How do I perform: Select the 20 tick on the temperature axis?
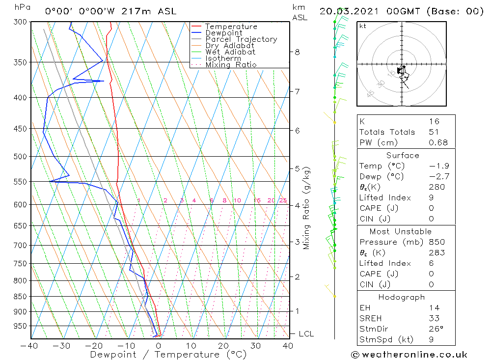223,346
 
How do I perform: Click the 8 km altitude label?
297,52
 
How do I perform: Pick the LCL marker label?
306,334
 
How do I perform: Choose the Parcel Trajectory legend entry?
241,39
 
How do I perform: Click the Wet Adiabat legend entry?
230,52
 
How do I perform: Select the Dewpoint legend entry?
223,33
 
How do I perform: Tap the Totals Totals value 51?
434,132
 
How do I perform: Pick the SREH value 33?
434,318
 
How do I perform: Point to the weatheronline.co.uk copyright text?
409,355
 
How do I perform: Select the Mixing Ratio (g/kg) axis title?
307,208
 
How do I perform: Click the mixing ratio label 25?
283,200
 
